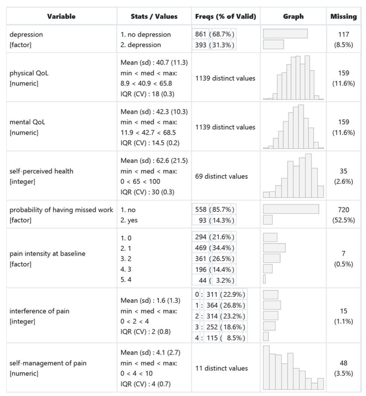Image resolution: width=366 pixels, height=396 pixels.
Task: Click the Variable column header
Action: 61,16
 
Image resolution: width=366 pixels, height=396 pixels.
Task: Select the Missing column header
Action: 343,16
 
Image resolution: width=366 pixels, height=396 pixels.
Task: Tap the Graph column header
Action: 293,16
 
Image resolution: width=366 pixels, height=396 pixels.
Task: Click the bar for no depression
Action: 285,34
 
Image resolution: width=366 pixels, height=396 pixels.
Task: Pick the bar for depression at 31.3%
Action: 273,45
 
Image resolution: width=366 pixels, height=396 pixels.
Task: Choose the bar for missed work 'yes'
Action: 268,220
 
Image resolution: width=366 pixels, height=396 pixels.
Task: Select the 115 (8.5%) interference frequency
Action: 220,337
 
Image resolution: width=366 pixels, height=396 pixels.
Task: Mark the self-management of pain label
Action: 48,363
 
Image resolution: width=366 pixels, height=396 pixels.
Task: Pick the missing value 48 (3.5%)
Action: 343,368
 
